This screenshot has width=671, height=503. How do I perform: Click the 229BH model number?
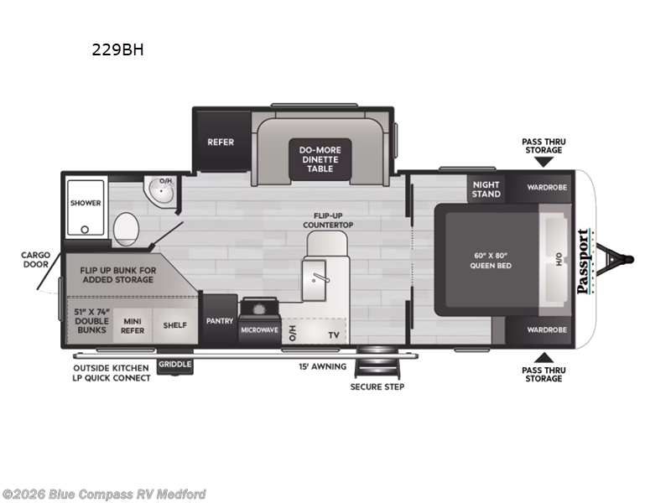tap(117, 49)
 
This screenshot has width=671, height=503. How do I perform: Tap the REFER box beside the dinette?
tap(221, 142)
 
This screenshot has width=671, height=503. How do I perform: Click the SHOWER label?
tap(86, 203)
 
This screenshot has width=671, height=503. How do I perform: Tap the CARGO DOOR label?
tap(36, 260)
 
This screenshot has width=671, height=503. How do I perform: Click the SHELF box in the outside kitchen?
tap(174, 325)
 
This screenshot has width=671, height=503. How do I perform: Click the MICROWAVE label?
tap(259, 330)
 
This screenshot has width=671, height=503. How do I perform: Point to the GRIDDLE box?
tap(176, 364)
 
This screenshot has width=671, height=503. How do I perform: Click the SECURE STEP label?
tap(377, 386)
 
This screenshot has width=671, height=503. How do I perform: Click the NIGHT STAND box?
tap(486, 189)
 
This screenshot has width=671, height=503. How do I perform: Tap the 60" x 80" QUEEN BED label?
tap(491, 261)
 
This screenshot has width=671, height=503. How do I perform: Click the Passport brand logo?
tap(583, 261)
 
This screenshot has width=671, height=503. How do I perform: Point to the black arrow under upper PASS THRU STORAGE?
tap(544, 160)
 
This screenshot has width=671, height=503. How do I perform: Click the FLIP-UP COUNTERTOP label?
tap(328, 220)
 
